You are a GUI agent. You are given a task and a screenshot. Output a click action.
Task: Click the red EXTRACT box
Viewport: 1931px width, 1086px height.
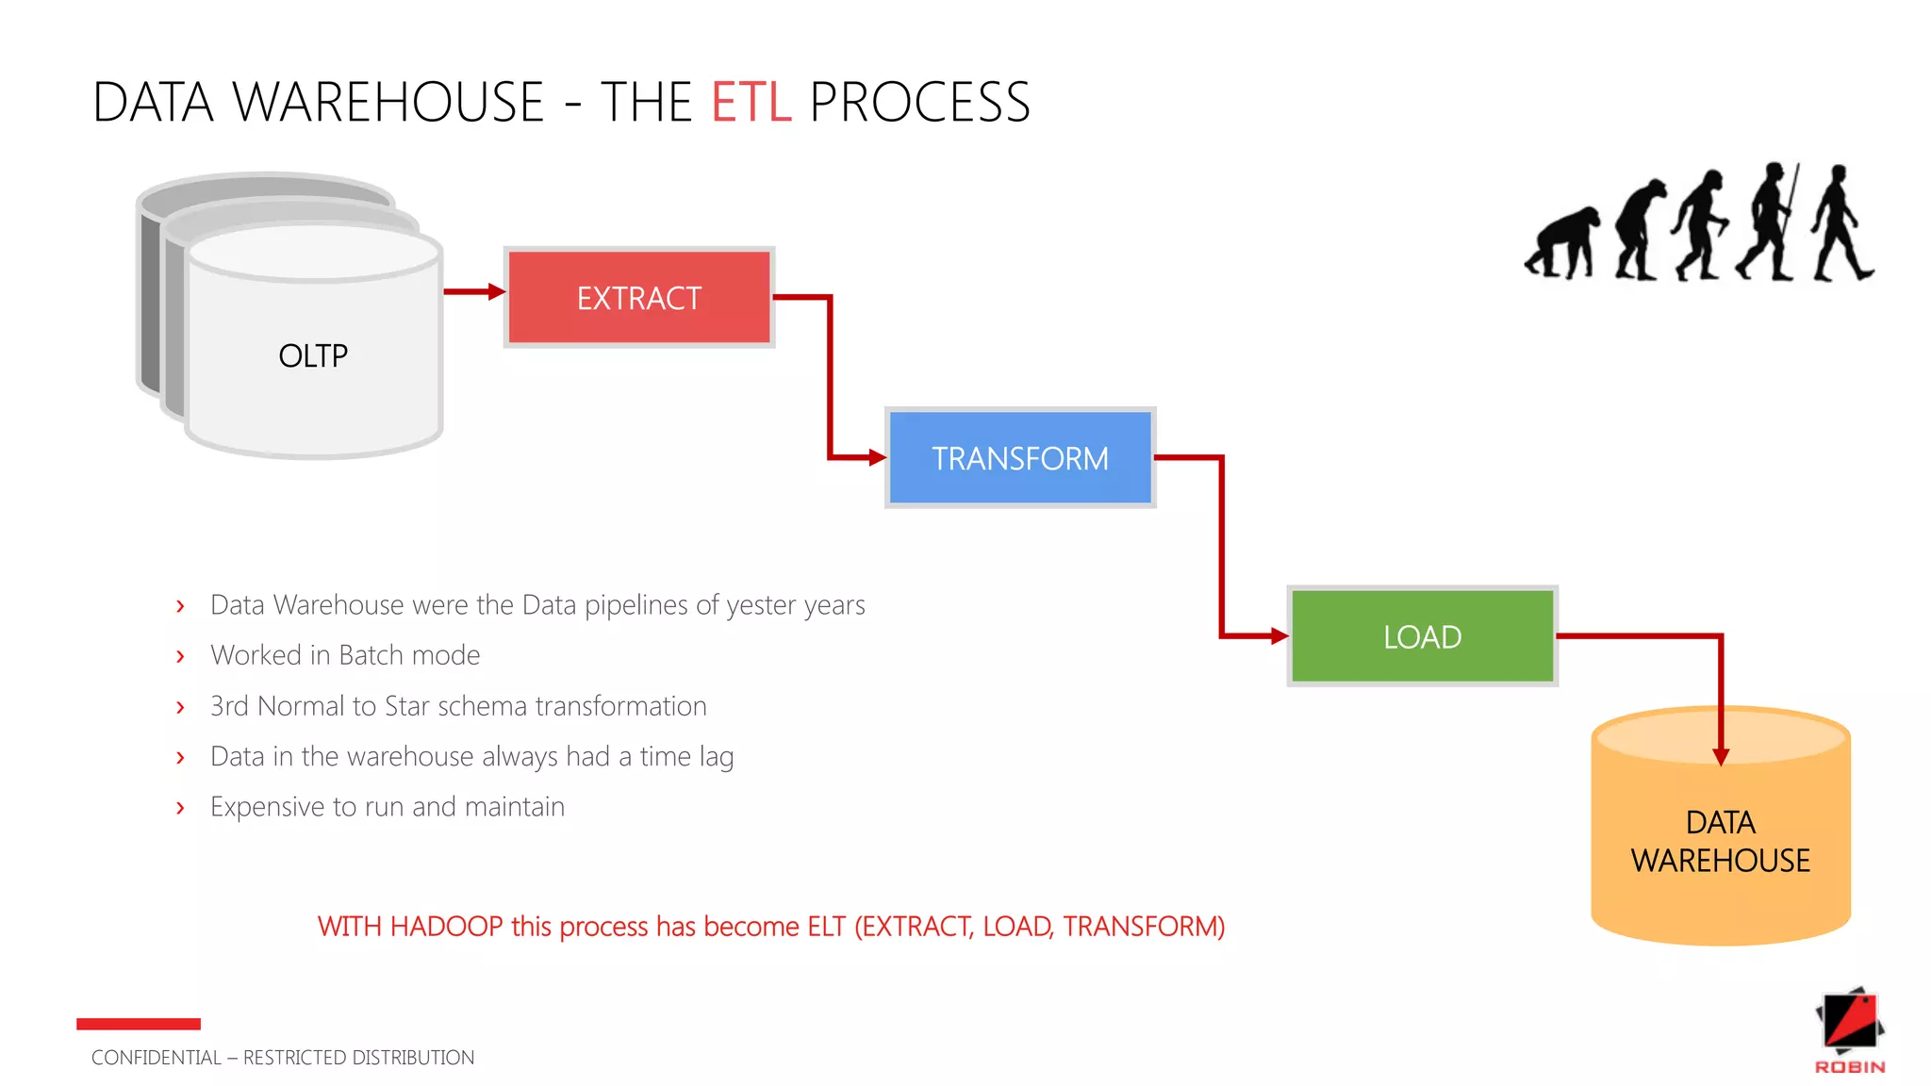click(x=639, y=298)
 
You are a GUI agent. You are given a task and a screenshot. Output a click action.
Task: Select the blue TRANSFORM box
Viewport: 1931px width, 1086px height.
click(x=1020, y=458)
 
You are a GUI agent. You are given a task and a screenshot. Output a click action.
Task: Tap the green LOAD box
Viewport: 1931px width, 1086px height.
click(x=1422, y=636)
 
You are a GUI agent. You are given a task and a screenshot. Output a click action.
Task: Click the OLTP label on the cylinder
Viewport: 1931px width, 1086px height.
click(x=313, y=356)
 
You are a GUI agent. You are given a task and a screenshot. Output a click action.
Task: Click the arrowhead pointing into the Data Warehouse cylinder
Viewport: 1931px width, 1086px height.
click(x=1721, y=756)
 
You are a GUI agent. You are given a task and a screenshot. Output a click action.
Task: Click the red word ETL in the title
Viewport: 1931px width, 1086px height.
click(x=751, y=102)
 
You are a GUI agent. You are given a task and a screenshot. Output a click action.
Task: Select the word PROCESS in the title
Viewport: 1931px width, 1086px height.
click(x=919, y=102)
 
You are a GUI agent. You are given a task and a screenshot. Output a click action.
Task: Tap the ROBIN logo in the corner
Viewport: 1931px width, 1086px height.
click(x=1850, y=1032)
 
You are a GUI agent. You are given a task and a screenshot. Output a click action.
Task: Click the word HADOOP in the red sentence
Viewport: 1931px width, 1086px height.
click(x=446, y=927)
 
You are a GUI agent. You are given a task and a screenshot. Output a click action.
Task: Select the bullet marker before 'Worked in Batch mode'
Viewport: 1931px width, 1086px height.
click(x=180, y=656)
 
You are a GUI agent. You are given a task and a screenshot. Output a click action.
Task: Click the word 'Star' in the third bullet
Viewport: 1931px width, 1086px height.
click(x=406, y=706)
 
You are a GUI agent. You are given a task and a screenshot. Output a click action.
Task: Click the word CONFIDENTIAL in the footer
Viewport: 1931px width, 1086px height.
click(x=156, y=1058)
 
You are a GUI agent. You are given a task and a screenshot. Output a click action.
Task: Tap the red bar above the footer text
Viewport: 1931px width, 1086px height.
click(x=139, y=1024)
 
